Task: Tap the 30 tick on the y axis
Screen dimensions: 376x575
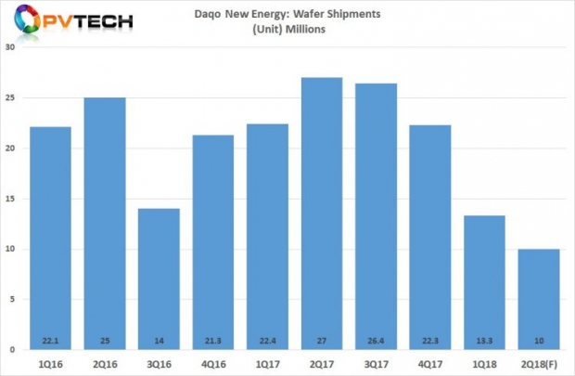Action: click(x=10, y=48)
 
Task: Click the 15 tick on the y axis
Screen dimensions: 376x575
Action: click(x=10, y=199)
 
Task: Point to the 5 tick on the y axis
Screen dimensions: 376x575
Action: click(x=13, y=300)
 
